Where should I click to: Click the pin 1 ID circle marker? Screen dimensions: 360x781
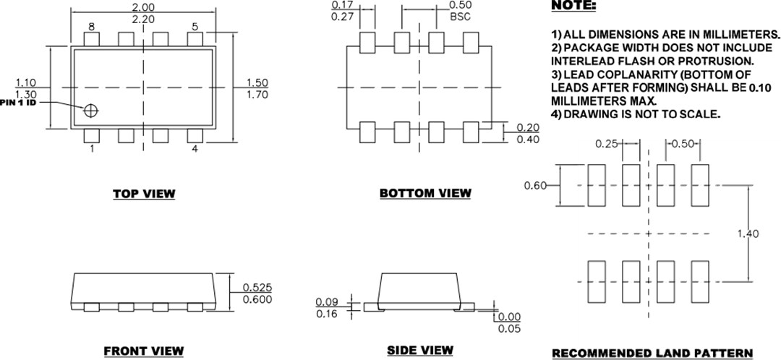pyautogui.click(x=91, y=111)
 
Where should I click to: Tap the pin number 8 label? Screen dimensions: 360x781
pyautogui.click(x=92, y=27)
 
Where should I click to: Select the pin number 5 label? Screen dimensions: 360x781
pyautogui.click(x=195, y=27)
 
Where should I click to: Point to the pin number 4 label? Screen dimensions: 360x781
pyautogui.click(x=195, y=149)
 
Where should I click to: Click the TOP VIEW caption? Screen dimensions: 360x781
pyautogui.click(x=143, y=194)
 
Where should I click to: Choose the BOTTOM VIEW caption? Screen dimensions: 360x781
pyautogui.click(x=424, y=193)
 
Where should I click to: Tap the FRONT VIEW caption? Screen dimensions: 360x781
pyautogui.click(x=143, y=351)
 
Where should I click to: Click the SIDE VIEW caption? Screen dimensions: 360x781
pyautogui.click(x=420, y=351)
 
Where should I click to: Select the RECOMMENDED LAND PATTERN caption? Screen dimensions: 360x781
pyautogui.click(x=652, y=353)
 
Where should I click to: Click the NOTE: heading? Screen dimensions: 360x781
pyautogui.click(x=573, y=6)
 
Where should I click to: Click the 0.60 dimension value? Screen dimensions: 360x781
pyautogui.click(x=535, y=185)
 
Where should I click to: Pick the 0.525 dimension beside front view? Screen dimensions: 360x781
pyautogui.click(x=257, y=288)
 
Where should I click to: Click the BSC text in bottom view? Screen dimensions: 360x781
pyautogui.click(x=460, y=16)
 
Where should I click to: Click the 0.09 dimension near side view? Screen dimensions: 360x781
pyautogui.click(x=328, y=301)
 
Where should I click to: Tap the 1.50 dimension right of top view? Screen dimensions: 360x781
pyautogui.click(x=257, y=82)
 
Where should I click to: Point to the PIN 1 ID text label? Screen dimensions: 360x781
pyautogui.click(x=20, y=102)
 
